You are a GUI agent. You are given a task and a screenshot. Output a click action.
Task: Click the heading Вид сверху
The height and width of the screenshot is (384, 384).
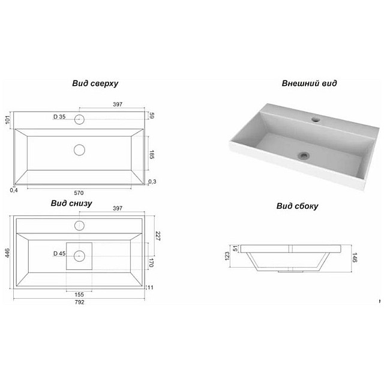tap(95, 83)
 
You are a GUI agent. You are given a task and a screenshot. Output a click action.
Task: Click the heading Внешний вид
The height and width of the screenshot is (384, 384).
tap(309, 83)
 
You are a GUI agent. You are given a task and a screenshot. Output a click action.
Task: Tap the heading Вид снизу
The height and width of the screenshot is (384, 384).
tap(71, 203)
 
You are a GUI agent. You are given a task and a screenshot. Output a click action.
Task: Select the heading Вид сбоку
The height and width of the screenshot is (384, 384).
tap(298, 206)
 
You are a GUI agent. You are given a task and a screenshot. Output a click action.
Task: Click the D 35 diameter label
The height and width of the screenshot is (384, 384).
tap(59, 117)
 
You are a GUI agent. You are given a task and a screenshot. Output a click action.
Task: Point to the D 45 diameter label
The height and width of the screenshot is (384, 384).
tap(59, 253)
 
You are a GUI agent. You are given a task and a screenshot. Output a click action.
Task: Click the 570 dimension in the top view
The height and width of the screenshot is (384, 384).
tap(79, 193)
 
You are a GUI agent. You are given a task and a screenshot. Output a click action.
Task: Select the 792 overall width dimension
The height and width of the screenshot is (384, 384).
tap(79, 302)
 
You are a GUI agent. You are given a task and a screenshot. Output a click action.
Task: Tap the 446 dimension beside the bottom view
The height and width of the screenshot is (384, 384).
tap(7, 253)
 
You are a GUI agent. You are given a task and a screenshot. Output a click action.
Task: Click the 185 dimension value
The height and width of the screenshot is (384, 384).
tap(152, 155)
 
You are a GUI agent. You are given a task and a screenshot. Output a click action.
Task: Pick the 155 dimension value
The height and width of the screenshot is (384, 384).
tap(79, 295)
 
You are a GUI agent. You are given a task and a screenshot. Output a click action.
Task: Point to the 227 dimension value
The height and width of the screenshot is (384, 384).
tap(158, 236)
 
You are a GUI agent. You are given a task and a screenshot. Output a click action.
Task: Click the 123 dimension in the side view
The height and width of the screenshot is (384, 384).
tap(227, 256)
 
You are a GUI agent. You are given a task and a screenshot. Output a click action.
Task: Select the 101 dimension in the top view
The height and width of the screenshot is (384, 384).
tap(8, 120)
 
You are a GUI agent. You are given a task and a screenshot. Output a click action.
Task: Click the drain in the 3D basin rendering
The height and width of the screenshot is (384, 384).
tap(304, 155)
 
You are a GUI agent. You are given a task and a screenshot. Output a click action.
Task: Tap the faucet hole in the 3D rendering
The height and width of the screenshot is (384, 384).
tap(316, 119)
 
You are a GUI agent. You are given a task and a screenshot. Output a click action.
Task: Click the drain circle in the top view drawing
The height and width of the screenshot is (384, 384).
tap(79, 150)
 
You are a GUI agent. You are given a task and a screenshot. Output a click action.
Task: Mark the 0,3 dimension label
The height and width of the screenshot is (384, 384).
tap(152, 181)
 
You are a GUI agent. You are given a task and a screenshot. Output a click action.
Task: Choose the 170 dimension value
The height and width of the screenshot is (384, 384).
tap(151, 263)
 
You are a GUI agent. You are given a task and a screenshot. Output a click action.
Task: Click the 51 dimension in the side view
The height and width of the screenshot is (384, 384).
tap(235, 248)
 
